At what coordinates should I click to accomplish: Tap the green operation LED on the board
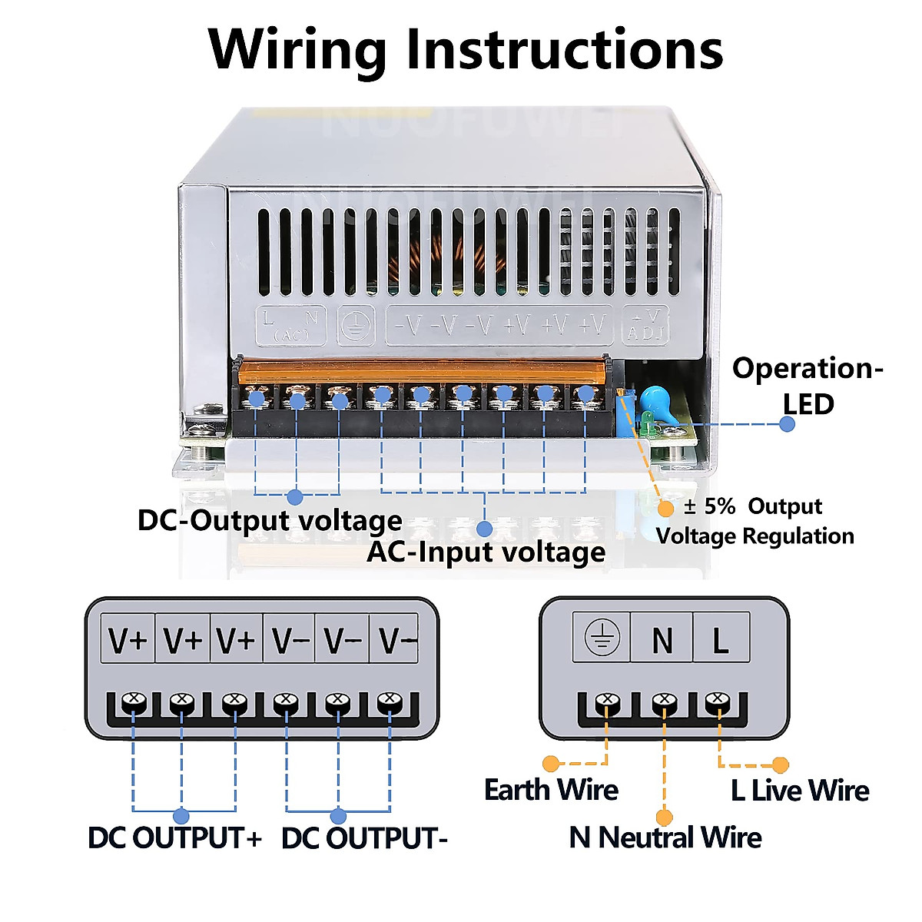(647, 419)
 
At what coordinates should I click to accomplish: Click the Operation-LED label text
(808, 386)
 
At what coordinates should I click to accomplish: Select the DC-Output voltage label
(269, 521)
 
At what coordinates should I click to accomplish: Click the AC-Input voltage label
(486, 552)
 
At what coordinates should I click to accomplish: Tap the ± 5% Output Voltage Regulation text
(755, 521)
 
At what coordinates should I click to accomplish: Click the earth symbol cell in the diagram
(602, 638)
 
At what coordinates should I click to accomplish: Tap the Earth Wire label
(551, 790)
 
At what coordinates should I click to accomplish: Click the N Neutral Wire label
(665, 837)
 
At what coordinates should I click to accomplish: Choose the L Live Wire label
(800, 791)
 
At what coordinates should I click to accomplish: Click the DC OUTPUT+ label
(175, 838)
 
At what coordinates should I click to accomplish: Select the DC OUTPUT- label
(364, 838)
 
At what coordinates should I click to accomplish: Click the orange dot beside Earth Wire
(551, 764)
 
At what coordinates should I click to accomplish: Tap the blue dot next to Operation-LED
(787, 424)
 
